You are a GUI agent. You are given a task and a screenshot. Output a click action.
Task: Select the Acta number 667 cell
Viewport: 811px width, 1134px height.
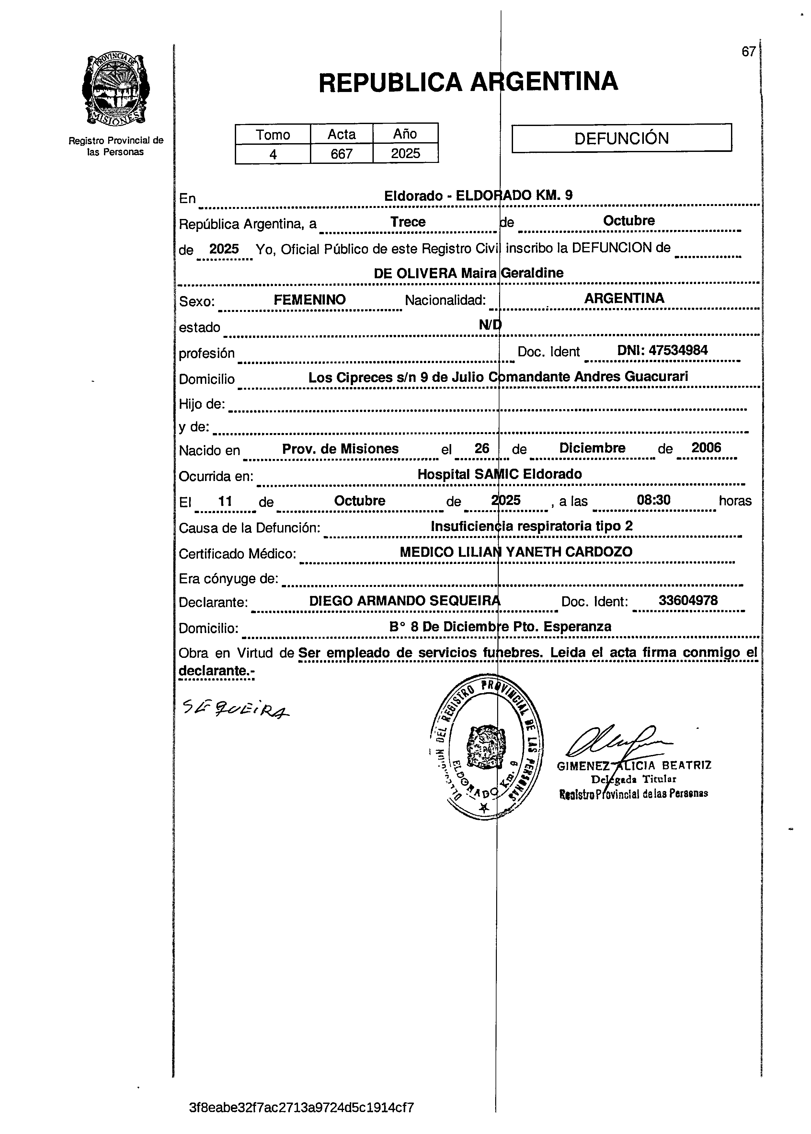[x=342, y=153]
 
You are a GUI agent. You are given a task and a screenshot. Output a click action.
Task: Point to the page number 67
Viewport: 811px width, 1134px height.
[x=748, y=52]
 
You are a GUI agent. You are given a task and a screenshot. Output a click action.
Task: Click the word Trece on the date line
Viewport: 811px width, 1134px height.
[x=407, y=222]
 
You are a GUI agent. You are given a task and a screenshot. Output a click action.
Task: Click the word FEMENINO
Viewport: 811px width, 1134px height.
[x=310, y=300]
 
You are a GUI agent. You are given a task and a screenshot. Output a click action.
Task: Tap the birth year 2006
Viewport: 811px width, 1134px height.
[x=706, y=447]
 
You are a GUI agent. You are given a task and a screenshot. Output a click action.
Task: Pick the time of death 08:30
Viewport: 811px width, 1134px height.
[x=653, y=500]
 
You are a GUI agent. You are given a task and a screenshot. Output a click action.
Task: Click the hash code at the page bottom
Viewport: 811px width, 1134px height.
[x=302, y=1107]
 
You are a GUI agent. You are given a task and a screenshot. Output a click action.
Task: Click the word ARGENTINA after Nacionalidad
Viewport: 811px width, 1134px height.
[x=624, y=298]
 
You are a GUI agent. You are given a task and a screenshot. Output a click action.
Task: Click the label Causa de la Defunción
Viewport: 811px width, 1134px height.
[x=249, y=528]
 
